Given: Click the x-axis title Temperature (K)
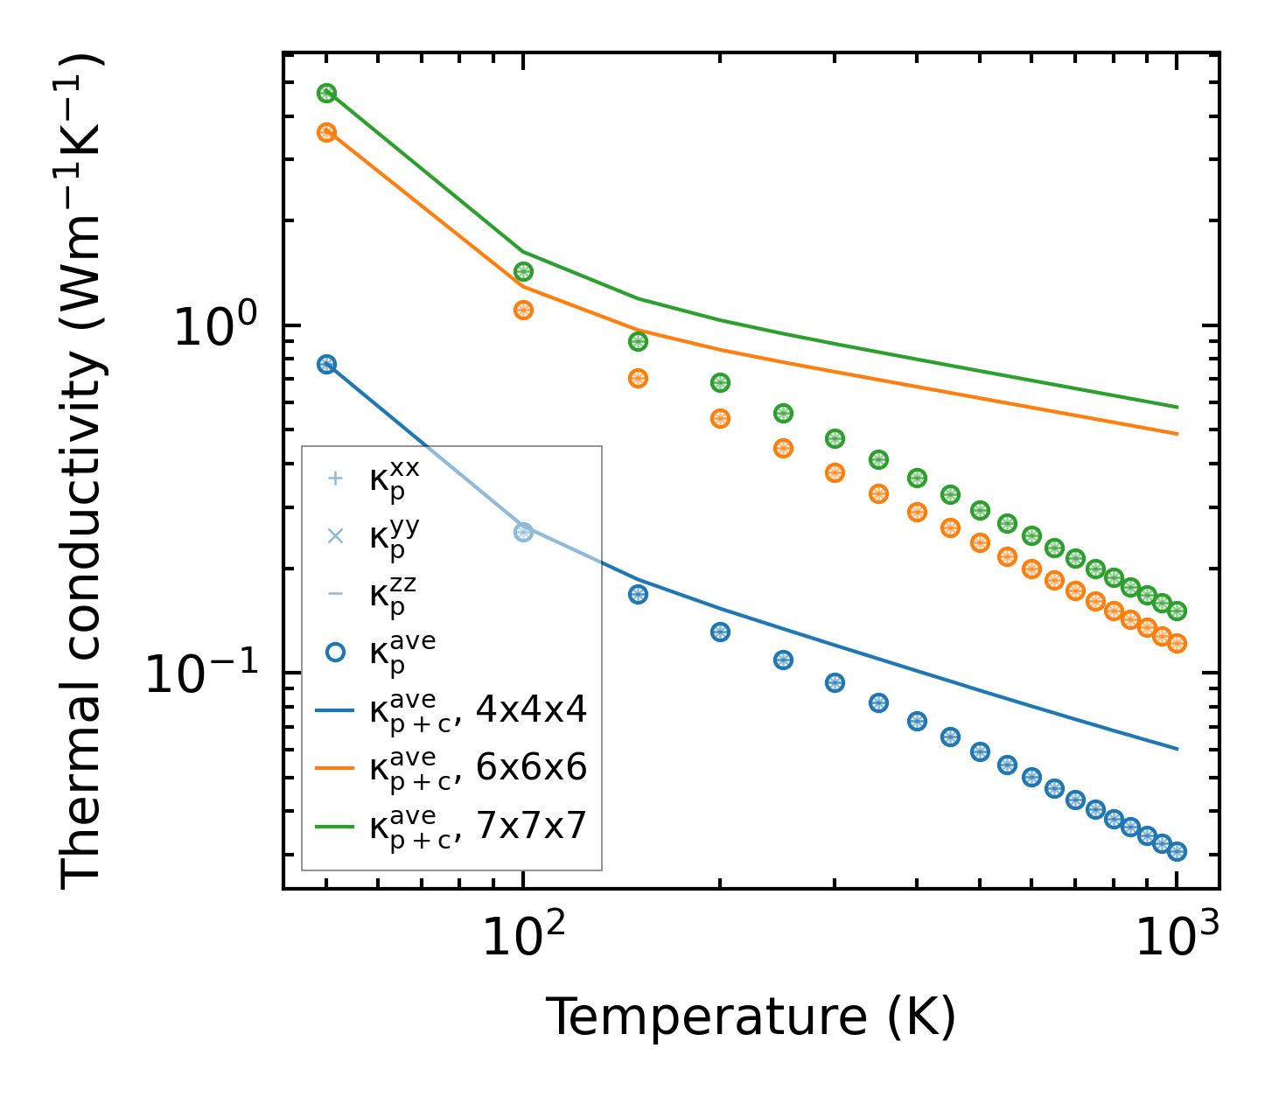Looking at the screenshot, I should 751,1017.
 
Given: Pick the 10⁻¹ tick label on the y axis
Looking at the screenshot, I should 203,673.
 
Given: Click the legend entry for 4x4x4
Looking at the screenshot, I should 478,710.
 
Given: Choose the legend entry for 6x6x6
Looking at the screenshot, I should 478,768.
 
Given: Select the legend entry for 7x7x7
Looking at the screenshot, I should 478,826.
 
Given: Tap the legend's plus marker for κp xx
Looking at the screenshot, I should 334,479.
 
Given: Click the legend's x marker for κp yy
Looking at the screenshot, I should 334,536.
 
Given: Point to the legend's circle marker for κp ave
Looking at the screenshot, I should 334,652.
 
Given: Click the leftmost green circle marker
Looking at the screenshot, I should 326,94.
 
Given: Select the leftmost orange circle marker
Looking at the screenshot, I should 326,133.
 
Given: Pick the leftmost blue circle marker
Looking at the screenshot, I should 326,365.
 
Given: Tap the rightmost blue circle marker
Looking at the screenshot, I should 1177,851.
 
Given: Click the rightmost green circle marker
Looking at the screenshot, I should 1177,611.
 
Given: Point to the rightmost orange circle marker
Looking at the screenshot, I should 1177,643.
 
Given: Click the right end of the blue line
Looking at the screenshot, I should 1178,749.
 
